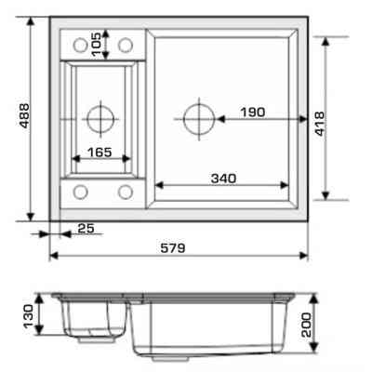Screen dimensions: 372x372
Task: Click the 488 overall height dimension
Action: (x=24, y=115)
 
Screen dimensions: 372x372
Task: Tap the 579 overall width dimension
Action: (x=173, y=248)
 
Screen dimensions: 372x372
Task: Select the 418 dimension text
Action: (x=319, y=124)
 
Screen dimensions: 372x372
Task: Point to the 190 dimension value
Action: (x=253, y=113)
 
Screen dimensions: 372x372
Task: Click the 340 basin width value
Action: (x=223, y=179)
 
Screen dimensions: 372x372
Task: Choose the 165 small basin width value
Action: (x=100, y=153)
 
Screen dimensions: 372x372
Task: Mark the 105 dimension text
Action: (x=97, y=45)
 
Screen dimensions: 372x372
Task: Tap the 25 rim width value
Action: (x=86, y=229)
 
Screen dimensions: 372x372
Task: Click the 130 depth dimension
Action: (x=29, y=315)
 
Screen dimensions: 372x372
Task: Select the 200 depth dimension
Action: (x=307, y=325)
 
